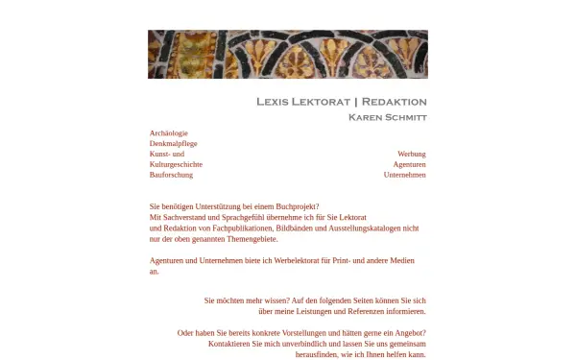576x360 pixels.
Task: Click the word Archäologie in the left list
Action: pos(169,132)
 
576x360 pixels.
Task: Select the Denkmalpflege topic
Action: pos(171,143)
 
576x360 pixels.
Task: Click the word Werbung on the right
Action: pos(411,154)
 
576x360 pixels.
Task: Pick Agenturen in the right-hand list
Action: pos(409,164)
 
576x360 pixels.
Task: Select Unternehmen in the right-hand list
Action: pos(404,175)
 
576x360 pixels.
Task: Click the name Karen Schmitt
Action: pos(387,117)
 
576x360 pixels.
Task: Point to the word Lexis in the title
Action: pos(275,102)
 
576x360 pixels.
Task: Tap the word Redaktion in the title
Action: pos(394,102)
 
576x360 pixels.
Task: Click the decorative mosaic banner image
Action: pos(287,54)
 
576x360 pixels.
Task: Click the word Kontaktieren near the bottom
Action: pos(229,344)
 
